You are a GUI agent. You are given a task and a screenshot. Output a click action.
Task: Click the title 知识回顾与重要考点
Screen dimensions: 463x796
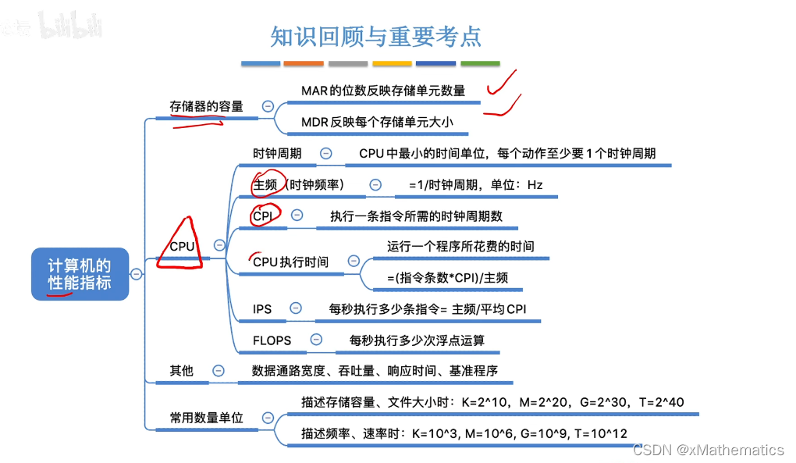pyautogui.click(x=375, y=36)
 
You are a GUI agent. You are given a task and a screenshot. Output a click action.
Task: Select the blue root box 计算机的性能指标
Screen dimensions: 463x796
pyautogui.click(x=80, y=274)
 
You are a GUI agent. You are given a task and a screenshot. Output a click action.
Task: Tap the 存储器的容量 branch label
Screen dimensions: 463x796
pyautogui.click(x=206, y=107)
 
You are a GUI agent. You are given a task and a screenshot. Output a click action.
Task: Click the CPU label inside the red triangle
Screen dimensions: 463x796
pyautogui.click(x=182, y=246)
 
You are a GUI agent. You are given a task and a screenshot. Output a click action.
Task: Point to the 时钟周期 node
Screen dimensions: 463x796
pyautogui.click(x=277, y=154)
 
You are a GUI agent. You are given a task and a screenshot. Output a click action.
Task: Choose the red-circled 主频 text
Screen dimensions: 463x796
pyautogui.click(x=265, y=185)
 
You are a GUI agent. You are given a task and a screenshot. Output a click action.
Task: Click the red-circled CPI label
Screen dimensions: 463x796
pyautogui.click(x=262, y=215)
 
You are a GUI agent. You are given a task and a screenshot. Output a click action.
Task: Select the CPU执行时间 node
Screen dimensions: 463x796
pyautogui.click(x=290, y=262)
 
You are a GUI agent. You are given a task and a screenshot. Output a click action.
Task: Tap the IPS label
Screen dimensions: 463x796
pyautogui.click(x=262, y=308)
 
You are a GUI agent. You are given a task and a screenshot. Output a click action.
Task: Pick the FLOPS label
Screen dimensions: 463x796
pyautogui.click(x=272, y=340)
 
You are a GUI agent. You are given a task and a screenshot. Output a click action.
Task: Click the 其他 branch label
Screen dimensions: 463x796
pyautogui.click(x=181, y=371)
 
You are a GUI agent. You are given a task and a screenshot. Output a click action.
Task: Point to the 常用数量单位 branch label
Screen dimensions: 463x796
pyautogui.click(x=206, y=418)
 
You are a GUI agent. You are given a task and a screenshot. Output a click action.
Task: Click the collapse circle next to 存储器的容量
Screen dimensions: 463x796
pyautogui.click(x=268, y=106)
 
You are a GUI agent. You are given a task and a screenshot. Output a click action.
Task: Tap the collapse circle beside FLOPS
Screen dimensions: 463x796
pyautogui.click(x=316, y=339)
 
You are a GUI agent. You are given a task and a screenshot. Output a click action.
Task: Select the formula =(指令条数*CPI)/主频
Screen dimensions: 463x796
pyautogui.click(x=448, y=278)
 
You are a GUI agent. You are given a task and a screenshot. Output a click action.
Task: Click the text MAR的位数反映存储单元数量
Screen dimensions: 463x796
pyautogui.click(x=382, y=91)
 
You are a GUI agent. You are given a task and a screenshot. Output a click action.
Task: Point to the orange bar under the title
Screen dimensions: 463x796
pyautogui.click(x=304, y=63)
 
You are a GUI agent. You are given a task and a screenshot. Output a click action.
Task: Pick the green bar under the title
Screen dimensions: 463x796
pyautogui.click(x=480, y=63)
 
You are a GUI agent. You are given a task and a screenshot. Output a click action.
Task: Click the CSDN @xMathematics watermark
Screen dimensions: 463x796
pyautogui.click(x=708, y=450)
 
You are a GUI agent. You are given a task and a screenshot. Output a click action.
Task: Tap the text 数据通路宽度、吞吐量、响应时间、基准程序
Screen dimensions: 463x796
pyautogui.click(x=375, y=371)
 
